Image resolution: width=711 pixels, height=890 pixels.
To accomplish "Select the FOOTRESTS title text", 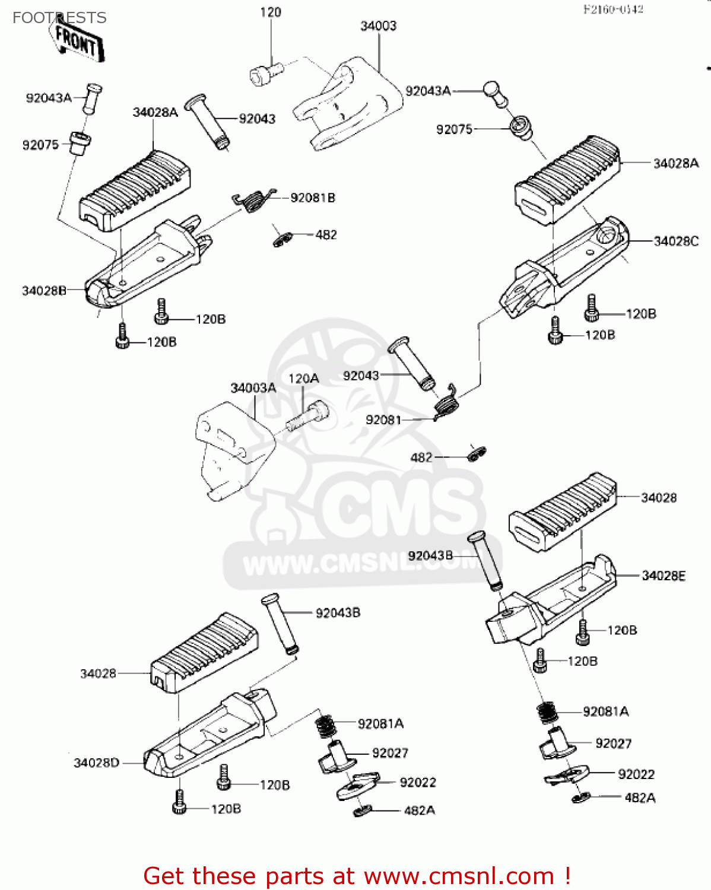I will [59, 18].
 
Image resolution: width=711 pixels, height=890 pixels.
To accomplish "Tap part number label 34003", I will [378, 26].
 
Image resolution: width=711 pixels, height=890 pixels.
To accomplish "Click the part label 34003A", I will [253, 388].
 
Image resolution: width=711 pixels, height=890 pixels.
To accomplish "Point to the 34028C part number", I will [676, 241].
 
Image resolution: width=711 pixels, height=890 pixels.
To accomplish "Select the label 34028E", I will [664, 576].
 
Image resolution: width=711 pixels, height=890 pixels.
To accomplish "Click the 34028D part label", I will [96, 762].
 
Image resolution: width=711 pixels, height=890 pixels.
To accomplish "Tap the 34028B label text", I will [44, 291].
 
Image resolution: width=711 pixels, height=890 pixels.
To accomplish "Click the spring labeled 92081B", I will [254, 200].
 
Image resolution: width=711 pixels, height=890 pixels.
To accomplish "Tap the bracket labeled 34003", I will [347, 104].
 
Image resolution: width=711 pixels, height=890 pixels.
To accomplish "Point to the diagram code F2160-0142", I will [613, 9].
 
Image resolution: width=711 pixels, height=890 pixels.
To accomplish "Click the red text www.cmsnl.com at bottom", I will [458, 876].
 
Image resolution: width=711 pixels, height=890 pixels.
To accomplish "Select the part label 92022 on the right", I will [636, 774].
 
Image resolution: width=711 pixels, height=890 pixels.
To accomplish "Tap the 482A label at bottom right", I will [640, 798].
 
